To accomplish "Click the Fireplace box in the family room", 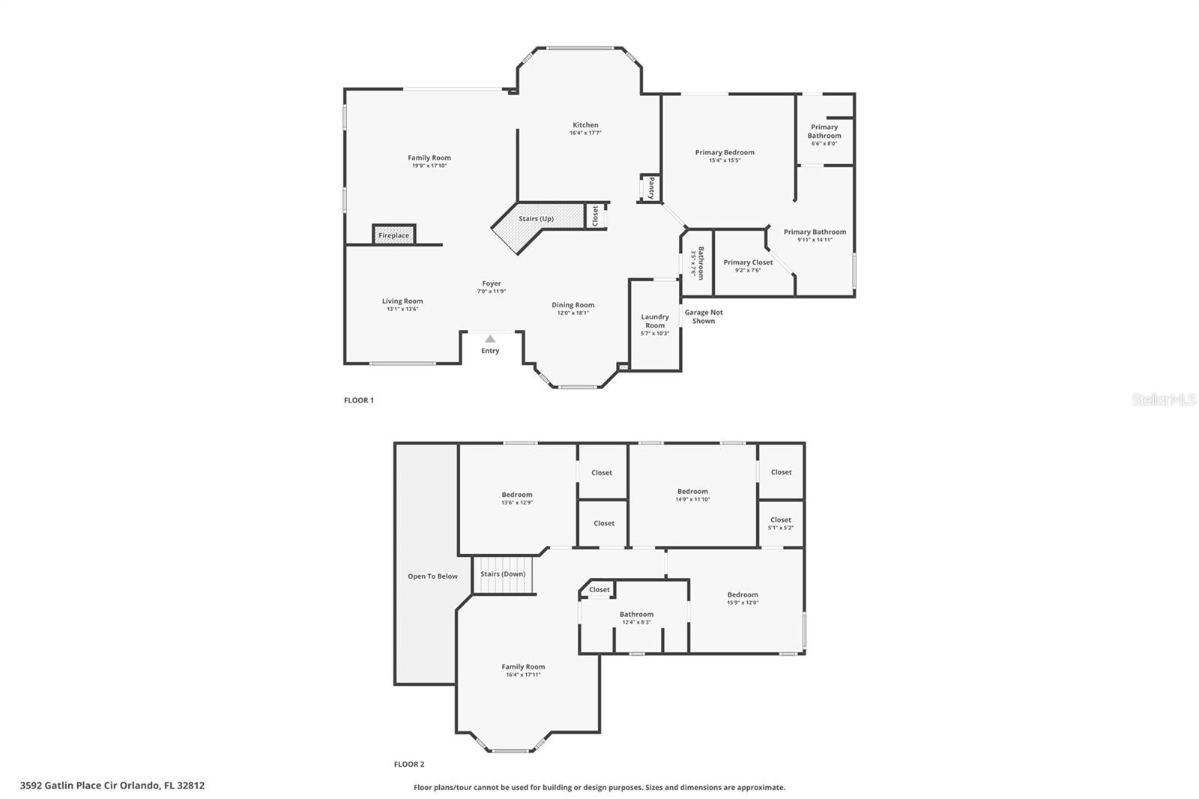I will click(x=393, y=235).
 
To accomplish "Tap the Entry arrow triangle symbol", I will click(x=490, y=339).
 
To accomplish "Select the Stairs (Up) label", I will click(x=537, y=219).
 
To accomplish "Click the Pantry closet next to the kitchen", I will click(x=650, y=187).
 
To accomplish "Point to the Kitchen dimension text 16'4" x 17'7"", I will click(x=585, y=133).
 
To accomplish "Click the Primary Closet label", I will click(x=748, y=262).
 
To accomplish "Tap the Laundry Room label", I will click(x=655, y=321).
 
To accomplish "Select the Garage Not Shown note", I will click(x=704, y=316).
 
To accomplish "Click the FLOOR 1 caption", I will click(x=359, y=400).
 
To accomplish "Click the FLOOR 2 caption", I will click(x=409, y=765).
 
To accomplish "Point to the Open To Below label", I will click(x=432, y=576).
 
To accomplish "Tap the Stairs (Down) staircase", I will click(x=503, y=575).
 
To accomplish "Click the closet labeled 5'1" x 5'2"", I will click(x=781, y=523).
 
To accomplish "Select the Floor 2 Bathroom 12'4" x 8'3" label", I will click(x=636, y=615).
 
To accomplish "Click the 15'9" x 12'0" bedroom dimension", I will click(x=743, y=603).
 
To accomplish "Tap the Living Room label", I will click(x=402, y=301).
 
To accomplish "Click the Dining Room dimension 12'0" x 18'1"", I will click(x=573, y=313).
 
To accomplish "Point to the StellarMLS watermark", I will click(x=1164, y=400).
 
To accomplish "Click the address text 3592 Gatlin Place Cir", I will click(x=112, y=786).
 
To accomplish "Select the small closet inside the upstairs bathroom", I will click(x=599, y=590).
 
